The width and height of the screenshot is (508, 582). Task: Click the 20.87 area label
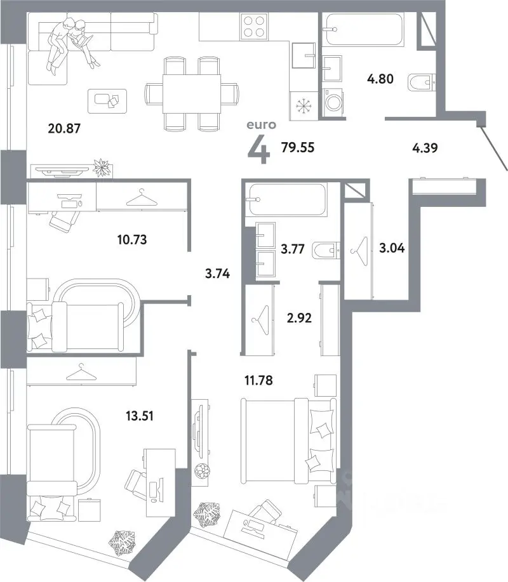pos(64,128)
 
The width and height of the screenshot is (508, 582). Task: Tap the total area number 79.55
pos(298,147)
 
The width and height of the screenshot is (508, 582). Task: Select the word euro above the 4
pos(262,124)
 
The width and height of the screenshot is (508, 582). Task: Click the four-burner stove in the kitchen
pos(255,26)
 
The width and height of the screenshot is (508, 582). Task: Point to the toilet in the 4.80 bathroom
pos(422,83)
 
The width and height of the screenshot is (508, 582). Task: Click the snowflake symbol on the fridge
pos(304,106)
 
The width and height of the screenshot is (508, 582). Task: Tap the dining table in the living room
pos(192,93)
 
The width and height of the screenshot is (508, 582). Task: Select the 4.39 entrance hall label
pos(425,148)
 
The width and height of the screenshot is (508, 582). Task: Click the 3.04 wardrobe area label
pos(392,248)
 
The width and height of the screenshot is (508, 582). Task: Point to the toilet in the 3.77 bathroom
pos(326,251)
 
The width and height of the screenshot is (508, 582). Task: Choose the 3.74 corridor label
pos(218,274)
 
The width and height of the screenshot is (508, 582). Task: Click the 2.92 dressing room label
pos(299,318)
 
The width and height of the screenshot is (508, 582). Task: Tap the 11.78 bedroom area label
pos(258,380)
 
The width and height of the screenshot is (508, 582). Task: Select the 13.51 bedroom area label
pos(140,416)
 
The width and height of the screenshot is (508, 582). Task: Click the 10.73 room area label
pos(132,239)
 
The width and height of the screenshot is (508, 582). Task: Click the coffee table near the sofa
pos(107,100)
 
